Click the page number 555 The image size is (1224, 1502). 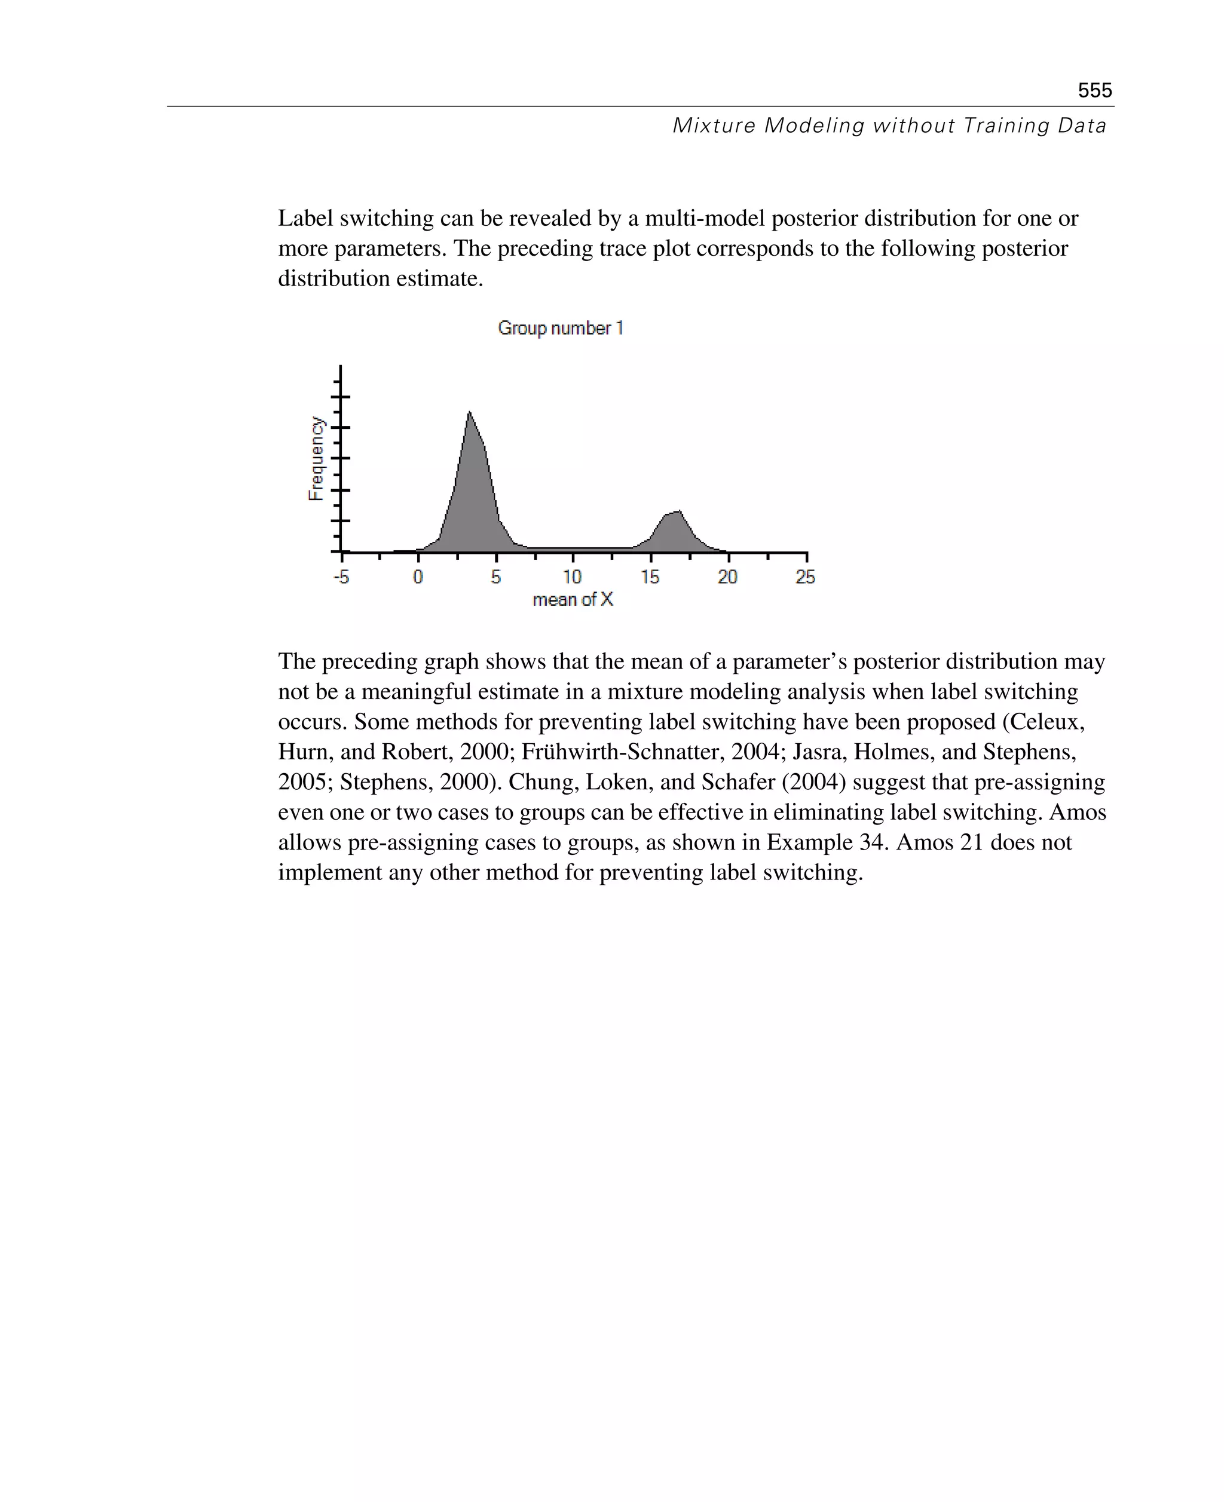tap(1094, 90)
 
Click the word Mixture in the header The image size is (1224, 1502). tap(714, 125)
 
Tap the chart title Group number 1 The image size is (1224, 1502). tap(561, 329)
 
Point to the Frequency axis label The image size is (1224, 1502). tap(317, 459)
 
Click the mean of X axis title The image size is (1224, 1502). tap(573, 600)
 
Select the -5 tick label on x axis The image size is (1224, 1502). tap(341, 577)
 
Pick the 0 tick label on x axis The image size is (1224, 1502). tap(418, 577)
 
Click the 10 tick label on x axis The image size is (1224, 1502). tap(573, 577)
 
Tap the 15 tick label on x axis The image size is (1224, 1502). tap(650, 577)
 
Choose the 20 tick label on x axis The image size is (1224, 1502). tap(727, 577)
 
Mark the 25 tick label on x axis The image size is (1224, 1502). tap(805, 577)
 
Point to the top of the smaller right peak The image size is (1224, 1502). tap(678, 511)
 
